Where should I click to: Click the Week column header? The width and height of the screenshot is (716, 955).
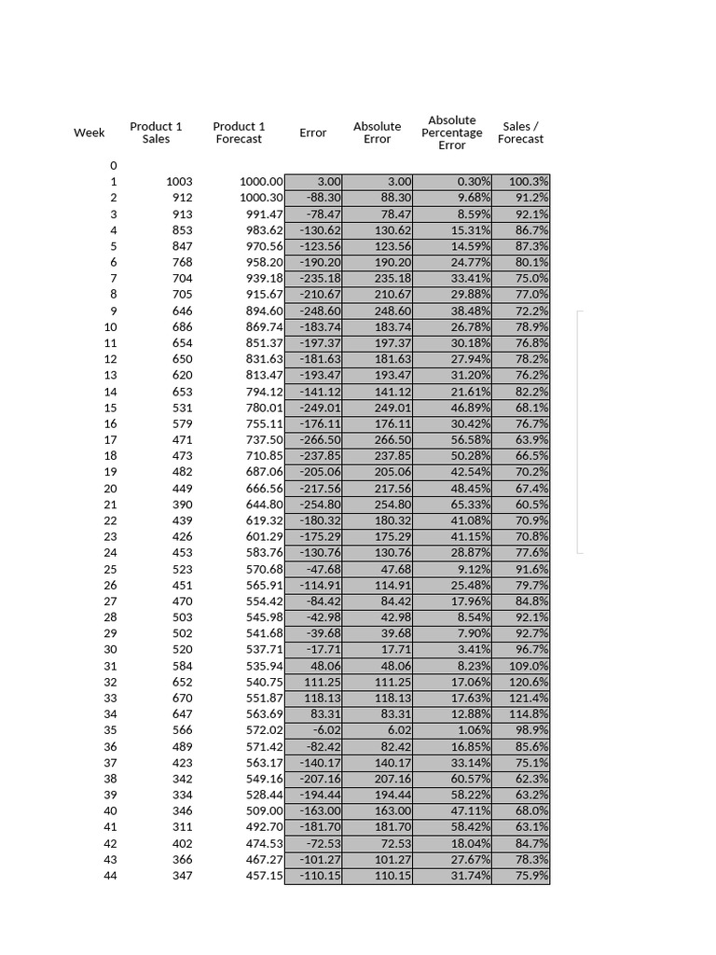[x=89, y=132]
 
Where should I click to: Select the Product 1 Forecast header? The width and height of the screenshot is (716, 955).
[x=239, y=132]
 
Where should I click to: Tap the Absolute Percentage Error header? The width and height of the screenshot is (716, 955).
[x=452, y=132]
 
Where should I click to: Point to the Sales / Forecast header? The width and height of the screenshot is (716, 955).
[x=520, y=132]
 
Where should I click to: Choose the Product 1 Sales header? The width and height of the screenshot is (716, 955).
[x=156, y=132]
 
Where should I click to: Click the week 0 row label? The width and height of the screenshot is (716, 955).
[x=113, y=165]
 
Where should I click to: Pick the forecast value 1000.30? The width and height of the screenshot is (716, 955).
[x=262, y=198]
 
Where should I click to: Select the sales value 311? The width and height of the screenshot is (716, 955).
[x=182, y=826]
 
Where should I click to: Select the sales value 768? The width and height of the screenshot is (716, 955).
[x=182, y=262]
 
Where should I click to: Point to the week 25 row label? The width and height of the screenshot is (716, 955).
[x=110, y=569]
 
